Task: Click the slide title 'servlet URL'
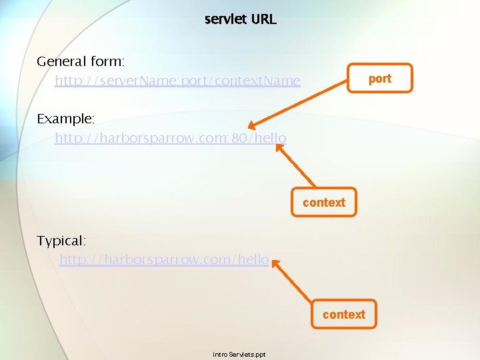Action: (240, 19)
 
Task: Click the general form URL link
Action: (177, 81)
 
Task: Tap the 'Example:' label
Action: (66, 119)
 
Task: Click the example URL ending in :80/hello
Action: (171, 139)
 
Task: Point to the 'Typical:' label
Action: (61, 240)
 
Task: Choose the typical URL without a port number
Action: (164, 259)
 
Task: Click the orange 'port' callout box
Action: (380, 78)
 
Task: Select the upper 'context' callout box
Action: (324, 203)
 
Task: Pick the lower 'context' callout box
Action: (344, 315)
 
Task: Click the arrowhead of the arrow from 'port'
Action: (252, 125)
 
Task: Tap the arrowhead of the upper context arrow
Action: (279, 149)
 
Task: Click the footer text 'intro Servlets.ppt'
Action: (239, 354)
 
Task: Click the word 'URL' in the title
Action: (263, 19)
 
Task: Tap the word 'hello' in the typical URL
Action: (253, 259)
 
